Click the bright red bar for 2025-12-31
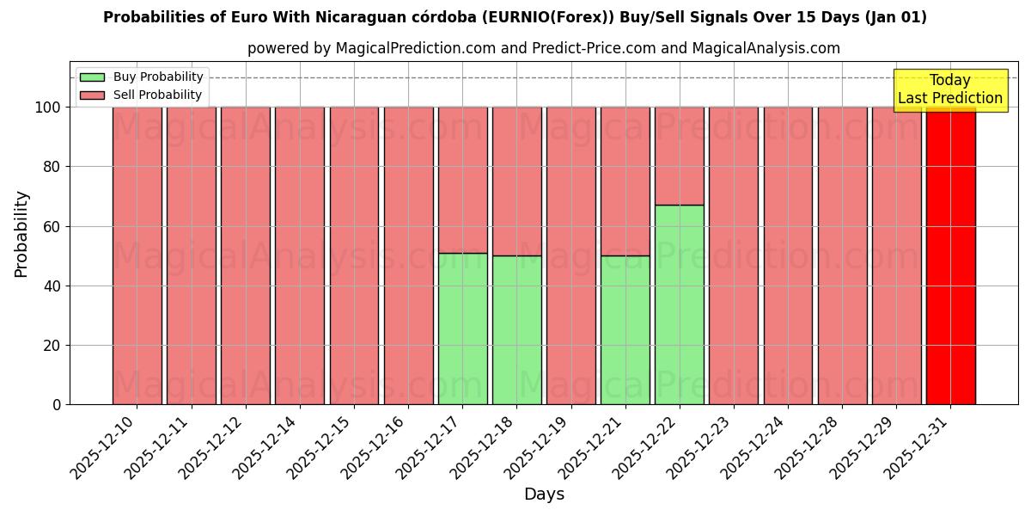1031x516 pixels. tap(950, 255)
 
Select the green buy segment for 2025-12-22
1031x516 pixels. tap(679, 304)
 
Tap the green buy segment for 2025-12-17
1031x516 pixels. tap(462, 329)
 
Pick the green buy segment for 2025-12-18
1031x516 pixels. tap(516, 330)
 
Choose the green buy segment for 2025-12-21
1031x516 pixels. tap(625, 330)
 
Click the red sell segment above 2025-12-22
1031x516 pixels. tap(679, 156)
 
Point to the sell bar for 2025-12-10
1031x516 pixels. tap(137, 255)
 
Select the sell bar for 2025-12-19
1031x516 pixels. tap(570, 255)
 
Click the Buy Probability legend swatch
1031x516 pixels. tap(92, 77)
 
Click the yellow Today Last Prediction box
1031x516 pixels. tap(949, 89)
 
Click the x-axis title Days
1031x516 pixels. tap(544, 494)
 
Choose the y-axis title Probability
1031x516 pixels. tap(21, 234)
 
